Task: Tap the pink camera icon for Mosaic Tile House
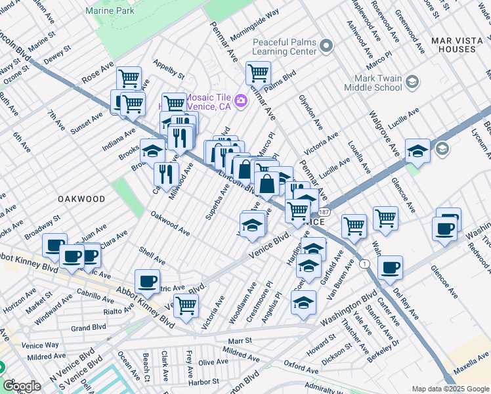(x=241, y=100)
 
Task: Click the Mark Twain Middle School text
(x=374, y=82)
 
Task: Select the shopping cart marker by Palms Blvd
(x=259, y=73)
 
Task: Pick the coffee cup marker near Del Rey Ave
(x=390, y=267)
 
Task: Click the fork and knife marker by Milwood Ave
(x=166, y=174)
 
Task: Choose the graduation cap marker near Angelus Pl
(x=303, y=303)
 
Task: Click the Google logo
(x=22, y=386)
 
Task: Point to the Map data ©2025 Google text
(x=450, y=388)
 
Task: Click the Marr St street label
(x=240, y=341)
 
